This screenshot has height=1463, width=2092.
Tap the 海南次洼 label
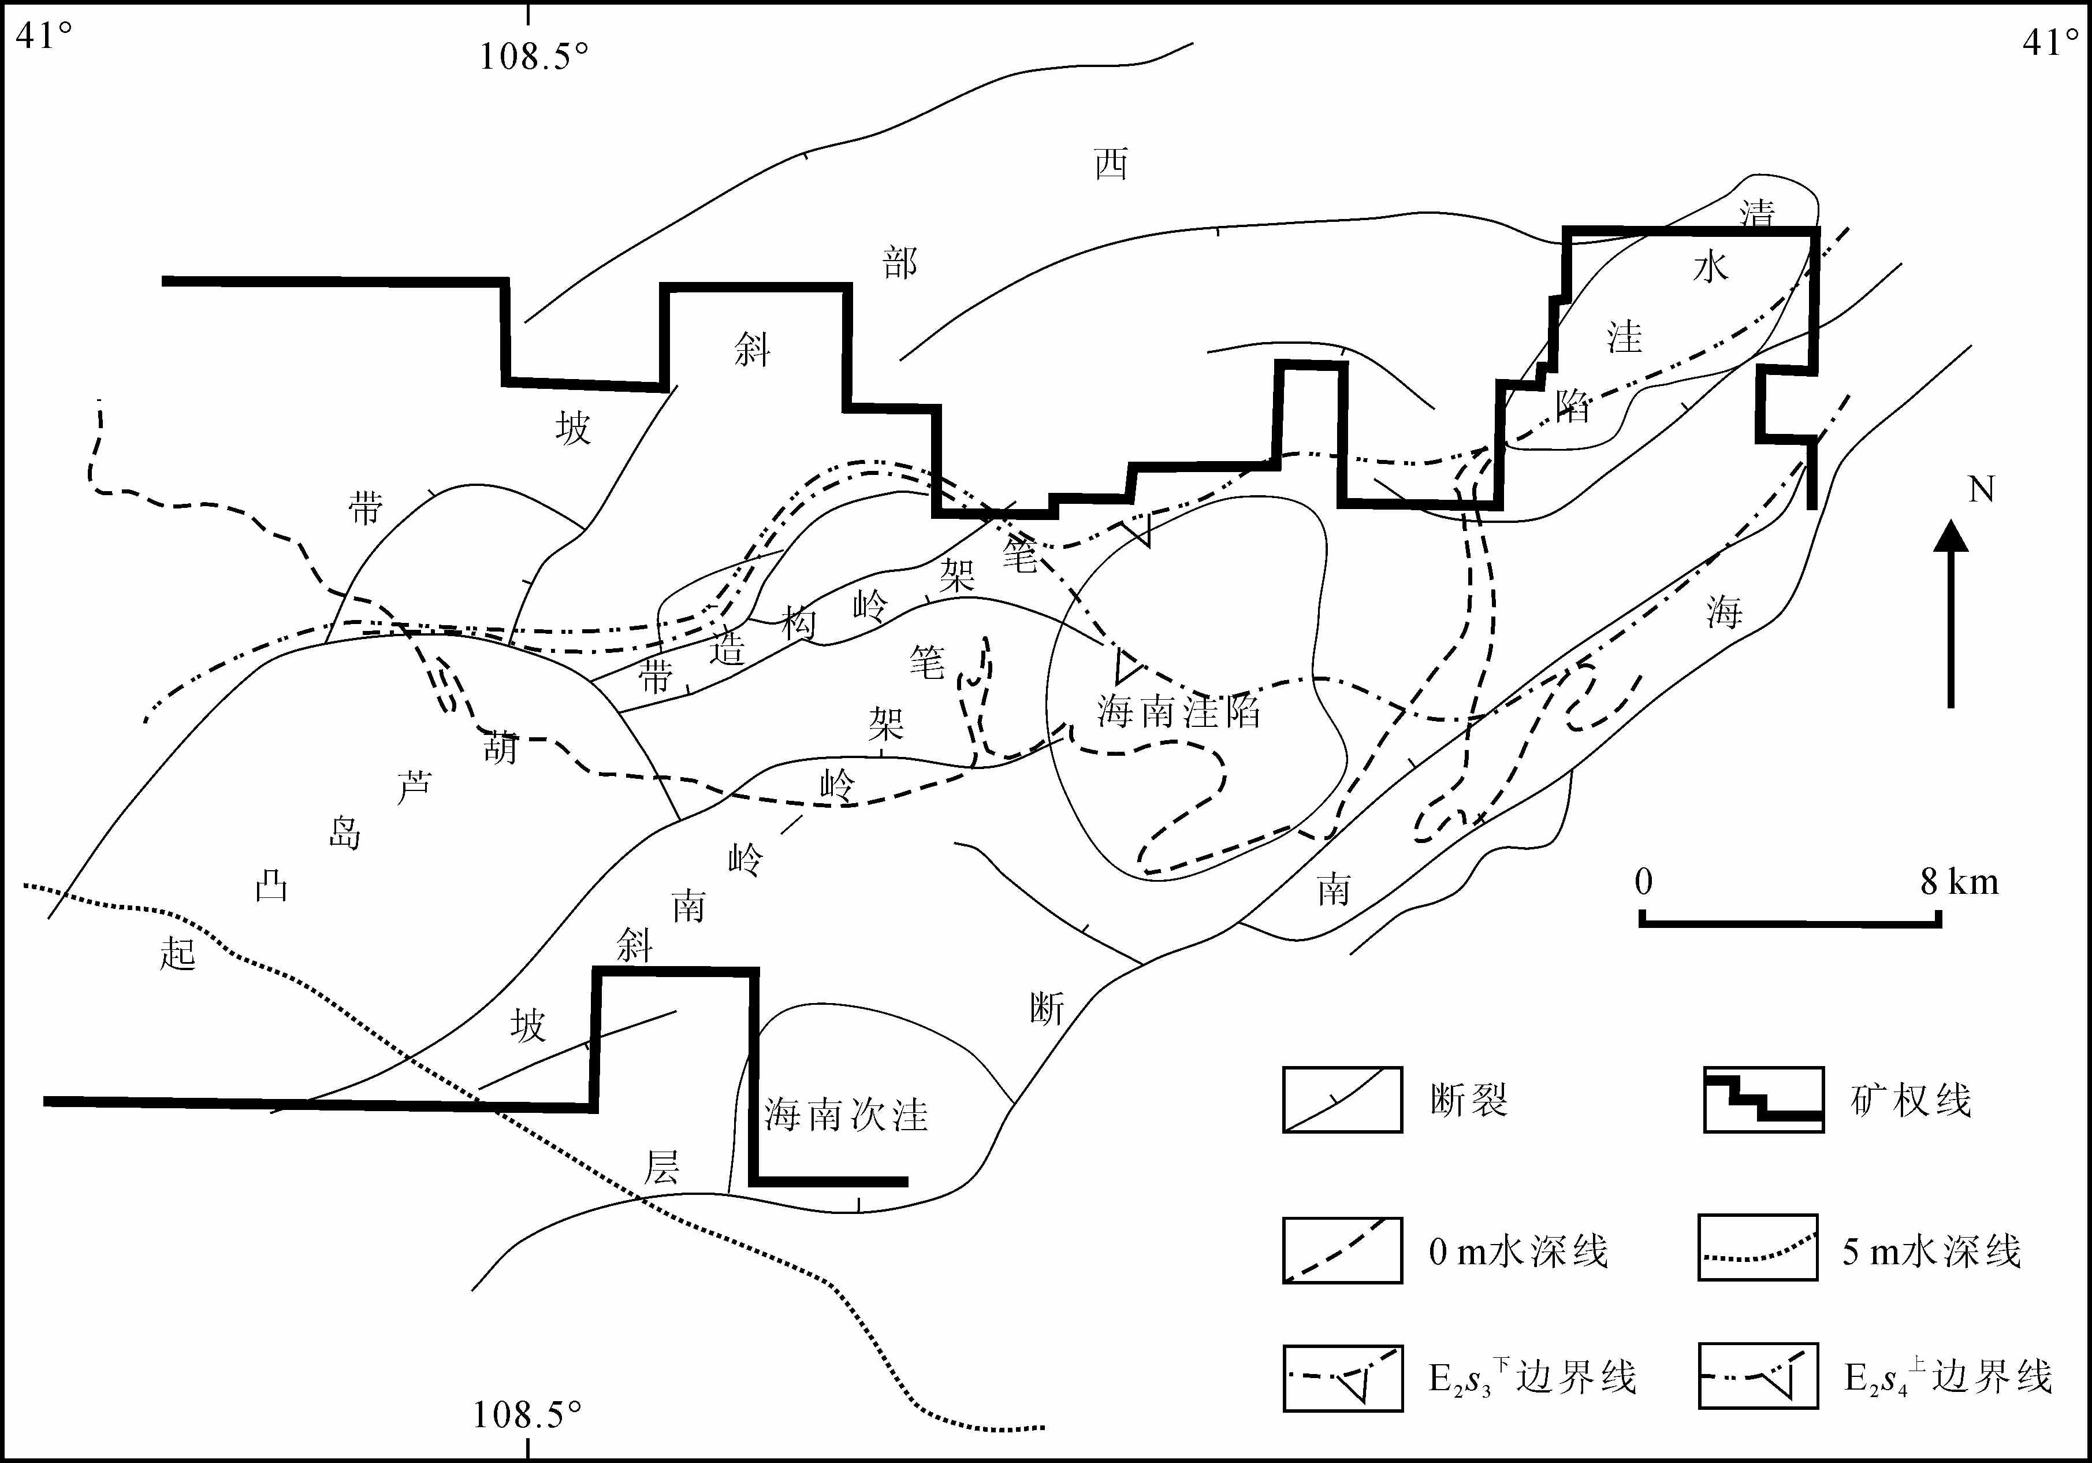[846, 1114]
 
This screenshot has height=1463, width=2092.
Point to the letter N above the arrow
[1981, 491]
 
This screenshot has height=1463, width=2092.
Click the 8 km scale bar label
[1959, 882]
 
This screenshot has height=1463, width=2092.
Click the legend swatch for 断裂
[1342, 1100]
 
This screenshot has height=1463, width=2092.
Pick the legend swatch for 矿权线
[1763, 1100]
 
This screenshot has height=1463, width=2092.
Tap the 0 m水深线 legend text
[1518, 1250]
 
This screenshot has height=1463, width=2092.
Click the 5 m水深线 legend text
[1931, 1250]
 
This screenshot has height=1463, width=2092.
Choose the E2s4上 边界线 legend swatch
[1758, 1376]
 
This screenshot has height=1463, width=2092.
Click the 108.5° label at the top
[534, 57]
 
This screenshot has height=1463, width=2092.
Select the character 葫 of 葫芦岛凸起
[500, 748]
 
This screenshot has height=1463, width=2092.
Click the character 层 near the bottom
[661, 1167]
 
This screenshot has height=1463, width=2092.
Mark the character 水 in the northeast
[1710, 267]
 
